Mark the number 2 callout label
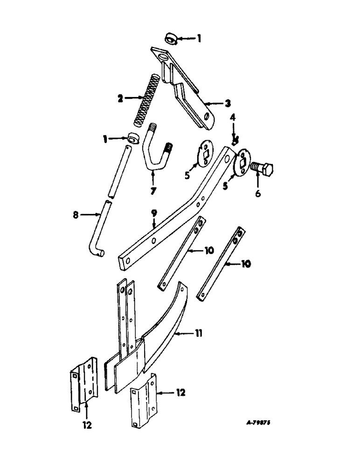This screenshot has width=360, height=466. pyautogui.click(x=120, y=98)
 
